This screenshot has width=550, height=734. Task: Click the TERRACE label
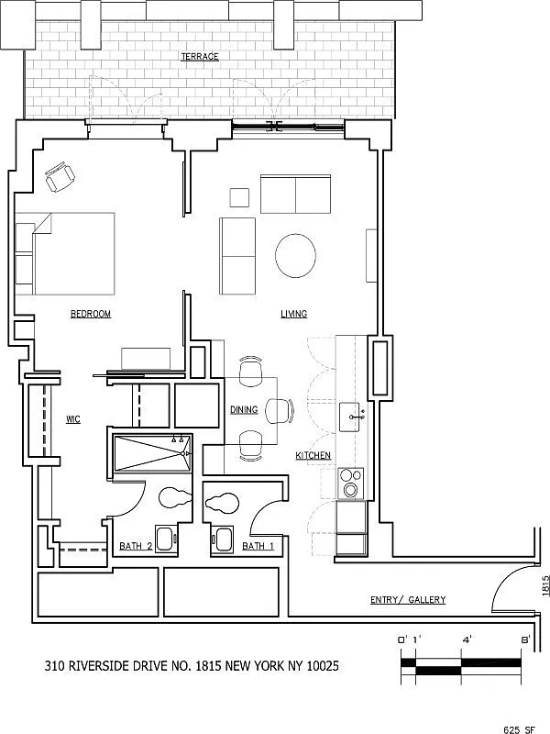[x=200, y=57]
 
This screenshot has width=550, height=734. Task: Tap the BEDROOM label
[x=91, y=314]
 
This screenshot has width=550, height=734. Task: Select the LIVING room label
[x=293, y=314]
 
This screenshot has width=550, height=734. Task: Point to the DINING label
[x=243, y=410]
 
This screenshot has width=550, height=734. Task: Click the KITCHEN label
[x=313, y=456]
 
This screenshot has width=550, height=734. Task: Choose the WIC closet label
[x=74, y=419]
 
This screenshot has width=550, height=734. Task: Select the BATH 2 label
[x=135, y=547]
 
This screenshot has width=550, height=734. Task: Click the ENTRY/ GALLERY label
[x=408, y=600]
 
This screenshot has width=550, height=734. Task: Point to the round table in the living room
[x=297, y=256]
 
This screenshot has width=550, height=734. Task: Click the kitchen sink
[x=352, y=417]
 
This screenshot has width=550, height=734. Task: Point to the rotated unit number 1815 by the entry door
[x=544, y=585]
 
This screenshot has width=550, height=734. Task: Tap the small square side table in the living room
[x=239, y=197]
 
